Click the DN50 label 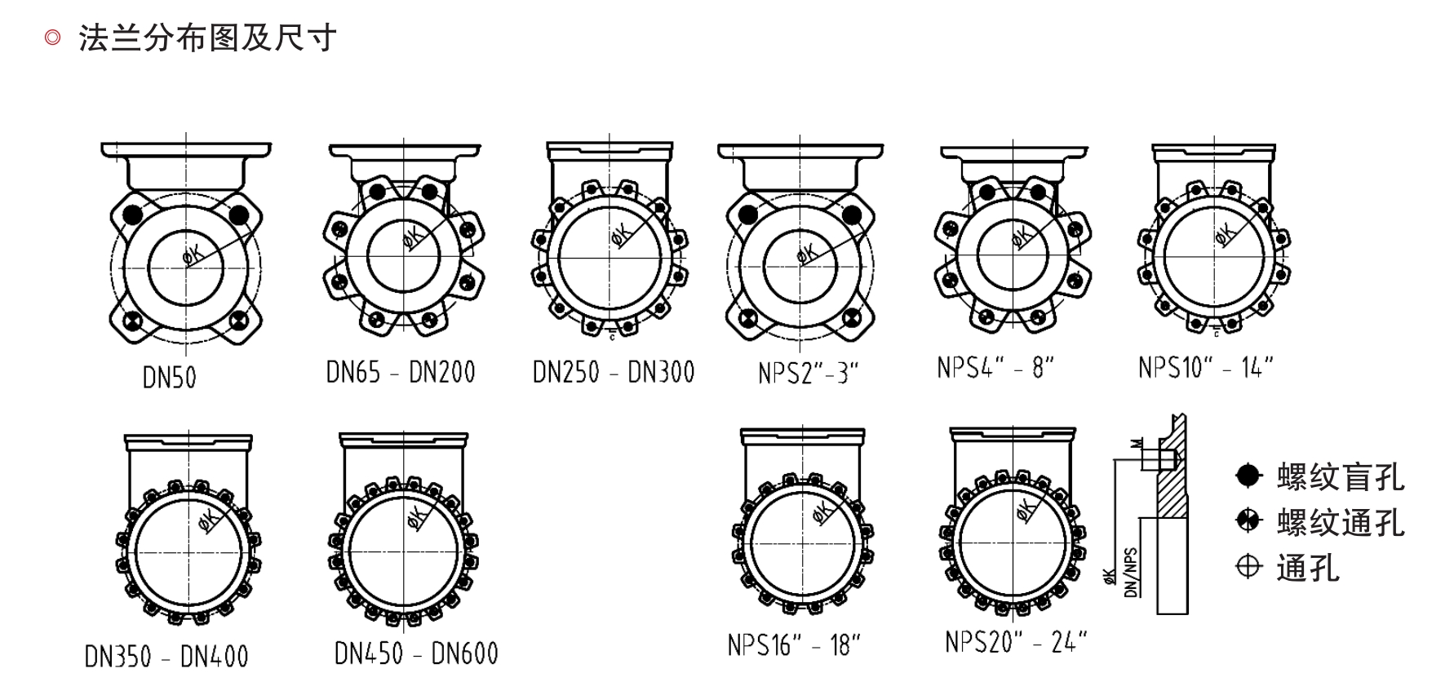tap(170, 378)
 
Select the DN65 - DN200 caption tap(401, 372)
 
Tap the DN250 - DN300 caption tap(614, 372)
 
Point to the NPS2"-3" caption tap(809, 374)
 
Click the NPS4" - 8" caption tap(995, 367)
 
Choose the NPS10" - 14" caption tap(1206, 367)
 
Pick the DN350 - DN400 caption tap(166, 657)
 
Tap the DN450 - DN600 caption tap(416, 653)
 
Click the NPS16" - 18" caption tap(795, 645)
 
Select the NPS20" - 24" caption tap(1017, 642)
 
